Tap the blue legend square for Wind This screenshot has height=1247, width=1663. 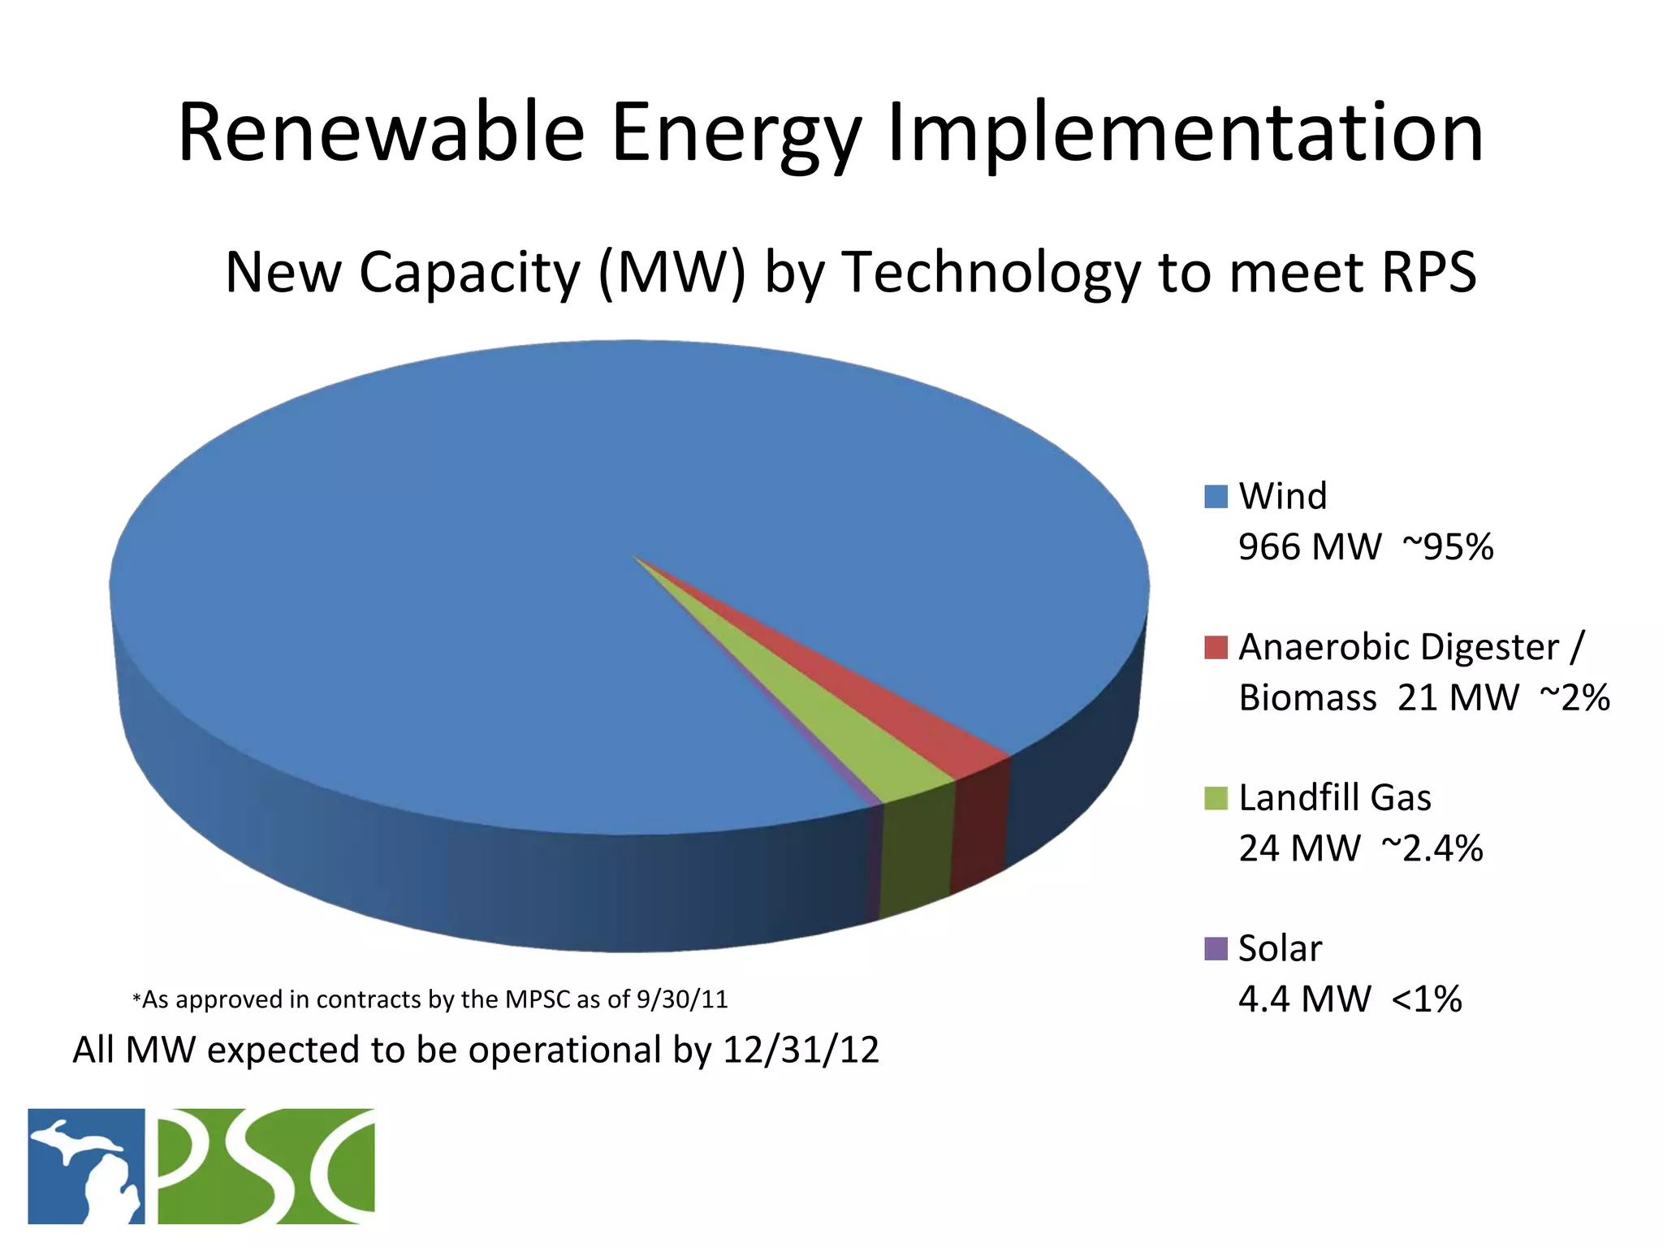click(1216, 497)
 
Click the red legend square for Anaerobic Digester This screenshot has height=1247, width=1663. click(1216, 648)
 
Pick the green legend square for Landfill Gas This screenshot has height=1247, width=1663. click(1216, 798)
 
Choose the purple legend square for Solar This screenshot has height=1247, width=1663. click(1216, 948)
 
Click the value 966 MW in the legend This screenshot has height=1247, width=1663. click(1309, 547)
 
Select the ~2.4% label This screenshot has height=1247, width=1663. click(1432, 849)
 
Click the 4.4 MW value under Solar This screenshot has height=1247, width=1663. click(1304, 999)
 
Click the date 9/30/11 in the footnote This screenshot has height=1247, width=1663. click(682, 999)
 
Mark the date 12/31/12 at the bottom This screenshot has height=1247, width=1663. click(801, 1050)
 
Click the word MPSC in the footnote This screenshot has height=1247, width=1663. click(538, 999)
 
